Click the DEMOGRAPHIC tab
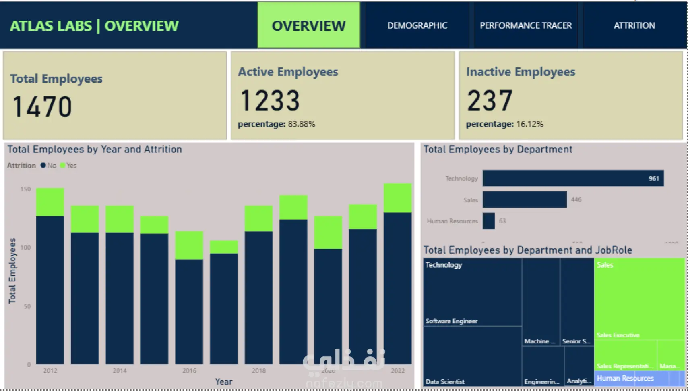click(417, 25)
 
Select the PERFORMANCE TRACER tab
click(525, 25)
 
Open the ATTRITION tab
click(634, 25)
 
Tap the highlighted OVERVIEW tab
click(308, 25)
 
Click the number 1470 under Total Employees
click(42, 107)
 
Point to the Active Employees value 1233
click(270, 100)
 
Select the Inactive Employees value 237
click(490, 100)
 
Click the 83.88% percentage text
click(301, 124)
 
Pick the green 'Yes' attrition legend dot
click(62, 165)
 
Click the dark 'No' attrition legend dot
click(43, 165)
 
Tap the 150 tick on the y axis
click(25, 189)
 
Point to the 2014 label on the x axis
click(120, 371)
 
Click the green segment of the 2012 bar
click(50, 202)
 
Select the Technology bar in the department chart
click(573, 178)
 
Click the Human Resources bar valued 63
click(489, 221)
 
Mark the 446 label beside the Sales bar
click(576, 200)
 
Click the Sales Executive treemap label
click(618, 335)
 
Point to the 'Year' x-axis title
click(223, 382)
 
